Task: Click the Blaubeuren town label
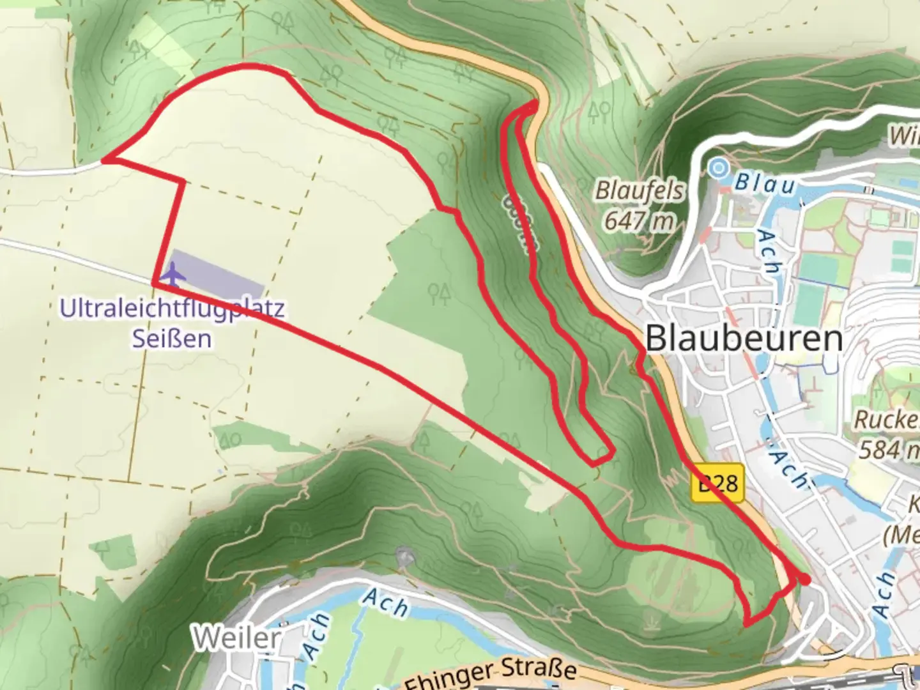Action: [x=744, y=338]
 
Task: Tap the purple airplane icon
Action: [x=173, y=273]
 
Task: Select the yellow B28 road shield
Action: [x=717, y=483]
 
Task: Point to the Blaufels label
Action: [x=640, y=190]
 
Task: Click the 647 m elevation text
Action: [x=640, y=221]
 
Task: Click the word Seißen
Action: [x=172, y=339]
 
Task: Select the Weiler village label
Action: [x=238, y=637]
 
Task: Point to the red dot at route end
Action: [x=805, y=579]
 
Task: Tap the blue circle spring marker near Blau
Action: [x=719, y=168]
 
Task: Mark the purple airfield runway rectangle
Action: [x=217, y=273]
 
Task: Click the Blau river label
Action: [x=765, y=184]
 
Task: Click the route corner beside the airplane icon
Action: [x=155, y=282]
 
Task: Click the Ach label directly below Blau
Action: [x=768, y=252]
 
